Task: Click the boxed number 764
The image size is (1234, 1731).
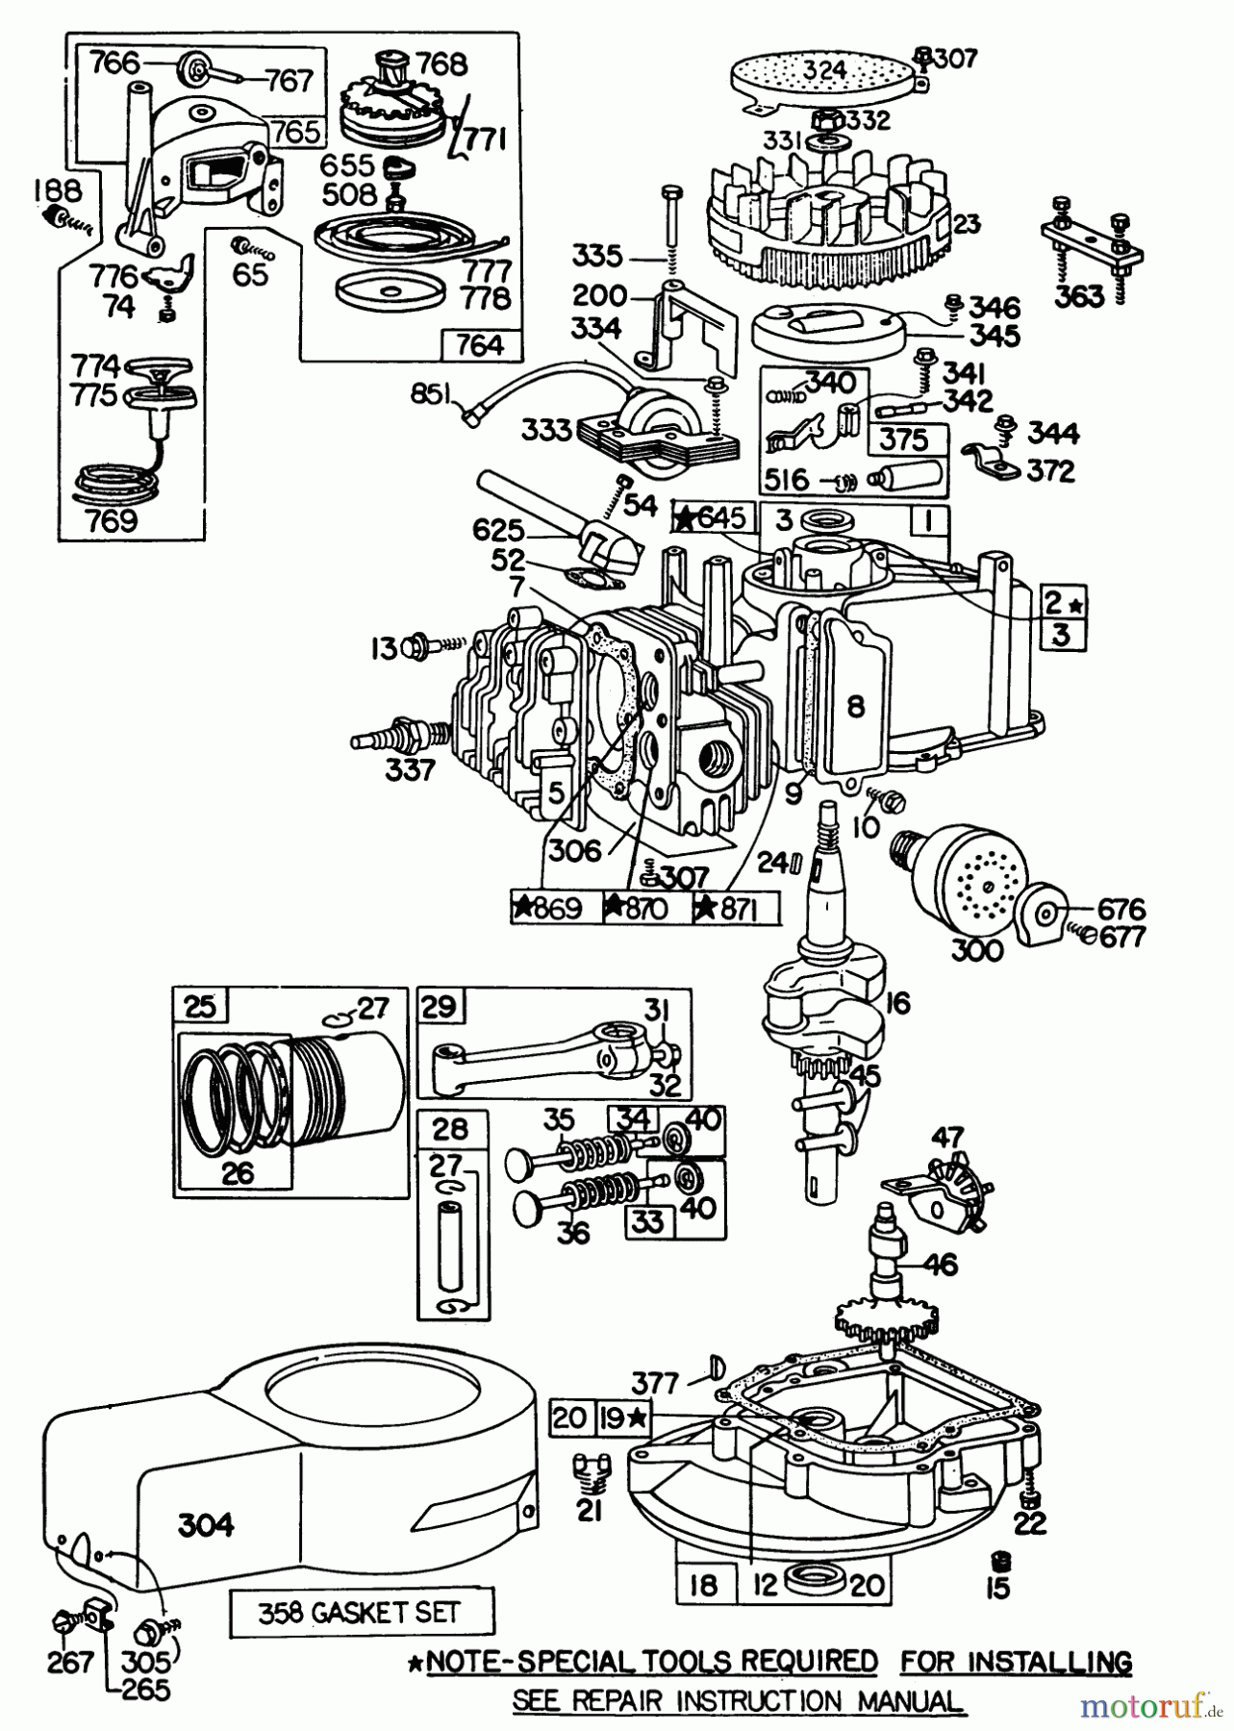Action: click(481, 344)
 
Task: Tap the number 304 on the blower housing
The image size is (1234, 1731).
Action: click(206, 1524)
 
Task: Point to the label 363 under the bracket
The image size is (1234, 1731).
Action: click(1079, 297)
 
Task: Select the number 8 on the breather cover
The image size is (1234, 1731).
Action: click(855, 707)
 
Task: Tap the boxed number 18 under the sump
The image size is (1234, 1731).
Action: click(704, 1584)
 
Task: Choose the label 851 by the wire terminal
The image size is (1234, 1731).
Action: click(430, 395)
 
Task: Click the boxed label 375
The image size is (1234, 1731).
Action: click(905, 439)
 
